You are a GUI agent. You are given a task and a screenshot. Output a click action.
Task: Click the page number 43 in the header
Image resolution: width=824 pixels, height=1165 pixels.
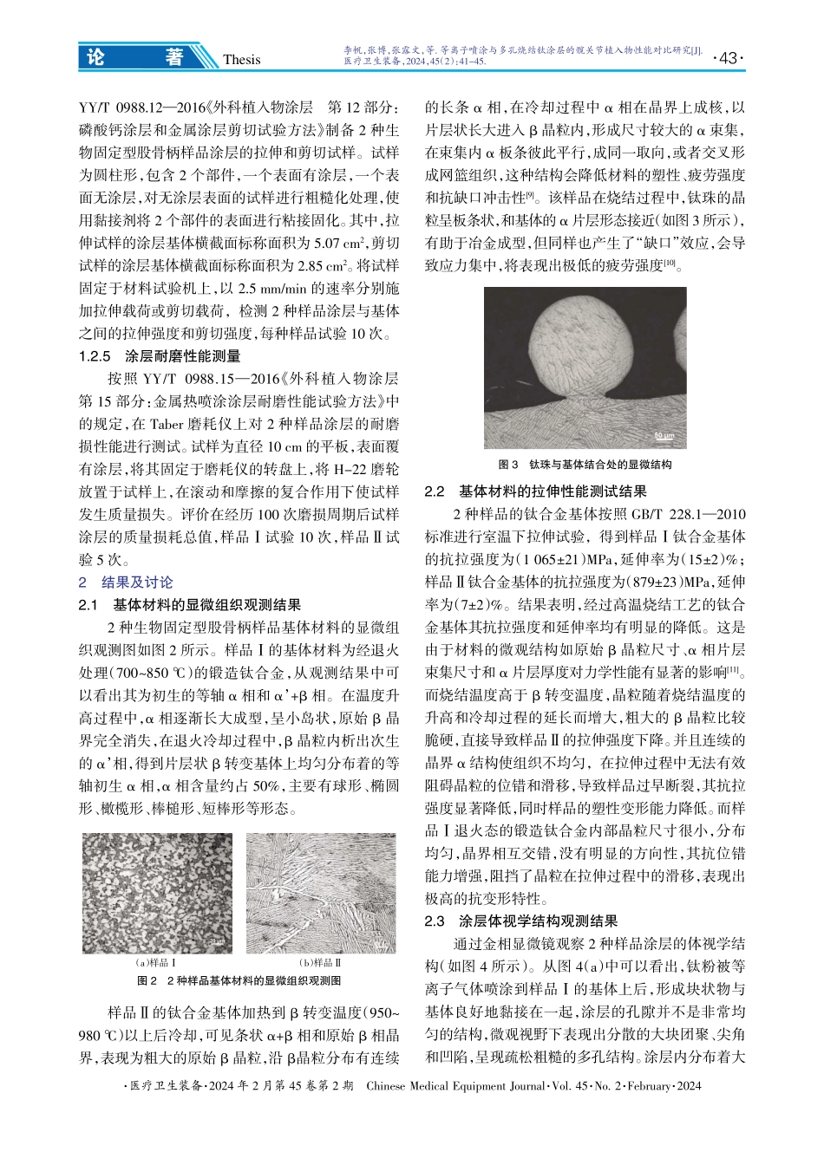(728, 57)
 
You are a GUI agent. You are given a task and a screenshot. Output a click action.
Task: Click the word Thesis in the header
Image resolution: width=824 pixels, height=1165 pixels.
(241, 59)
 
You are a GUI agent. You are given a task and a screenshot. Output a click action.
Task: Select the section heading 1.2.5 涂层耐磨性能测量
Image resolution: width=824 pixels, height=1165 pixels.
(160, 355)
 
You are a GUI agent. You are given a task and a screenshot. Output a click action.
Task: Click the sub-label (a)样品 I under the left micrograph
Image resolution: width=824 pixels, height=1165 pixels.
(157, 963)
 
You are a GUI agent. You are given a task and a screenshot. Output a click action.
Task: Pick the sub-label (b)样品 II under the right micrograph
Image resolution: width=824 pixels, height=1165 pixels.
(321, 963)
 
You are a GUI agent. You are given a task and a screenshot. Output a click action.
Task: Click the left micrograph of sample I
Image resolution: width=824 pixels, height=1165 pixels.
(157, 894)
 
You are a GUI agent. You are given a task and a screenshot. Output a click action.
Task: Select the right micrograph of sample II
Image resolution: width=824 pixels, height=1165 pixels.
(322, 894)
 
